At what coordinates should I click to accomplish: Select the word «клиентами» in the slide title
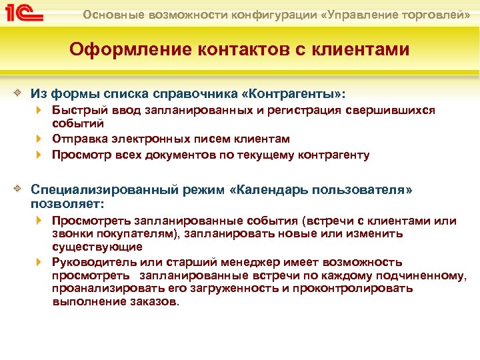(360, 51)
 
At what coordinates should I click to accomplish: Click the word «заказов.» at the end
(157, 301)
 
